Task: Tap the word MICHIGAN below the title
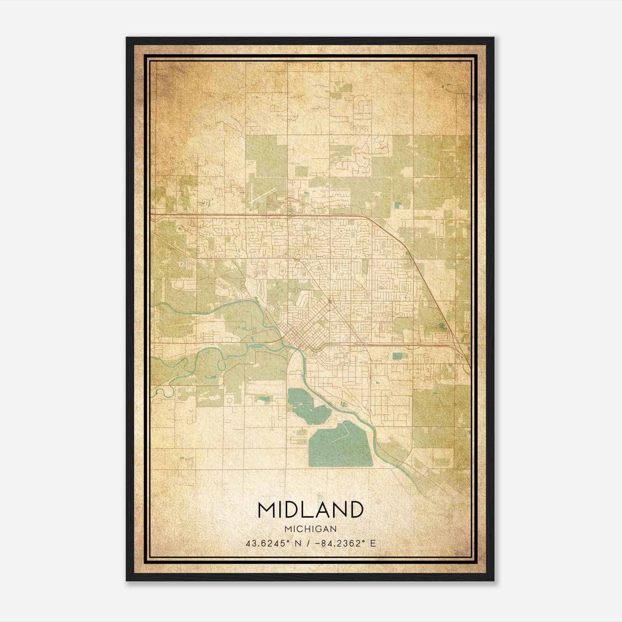pos(310,529)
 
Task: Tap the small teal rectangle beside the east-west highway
pos(397,355)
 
